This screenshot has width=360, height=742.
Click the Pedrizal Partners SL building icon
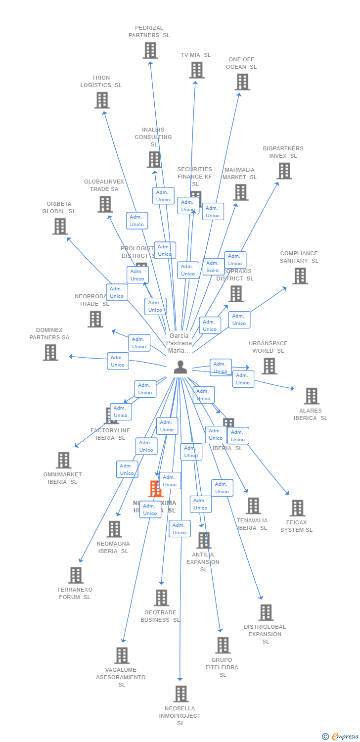coord(150,50)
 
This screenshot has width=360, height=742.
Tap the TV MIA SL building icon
coord(196,70)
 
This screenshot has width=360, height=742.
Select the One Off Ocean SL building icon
coord(242,82)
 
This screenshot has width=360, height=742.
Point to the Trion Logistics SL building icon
coord(102,100)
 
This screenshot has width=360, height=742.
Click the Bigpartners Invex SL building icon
coord(284,171)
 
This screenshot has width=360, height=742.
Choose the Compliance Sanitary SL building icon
coord(300,276)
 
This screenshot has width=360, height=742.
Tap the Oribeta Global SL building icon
coord(60,227)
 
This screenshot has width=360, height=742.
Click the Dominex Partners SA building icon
coord(50,353)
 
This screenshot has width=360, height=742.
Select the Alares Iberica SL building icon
coord(311,396)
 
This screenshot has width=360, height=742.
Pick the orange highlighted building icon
coord(155,489)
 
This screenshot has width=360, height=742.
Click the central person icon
coord(180,367)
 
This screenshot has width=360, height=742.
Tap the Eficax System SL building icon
coord(297,508)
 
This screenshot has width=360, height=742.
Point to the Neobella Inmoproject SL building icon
coord(180,694)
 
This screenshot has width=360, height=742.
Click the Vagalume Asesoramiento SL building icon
coord(122,655)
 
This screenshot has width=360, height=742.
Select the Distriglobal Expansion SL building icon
coord(266,612)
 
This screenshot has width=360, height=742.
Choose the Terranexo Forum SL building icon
coord(76,575)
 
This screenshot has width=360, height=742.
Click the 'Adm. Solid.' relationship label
coord(213,267)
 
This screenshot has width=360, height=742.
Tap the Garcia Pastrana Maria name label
coord(179,343)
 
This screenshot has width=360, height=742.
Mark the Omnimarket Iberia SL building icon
coord(63,460)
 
